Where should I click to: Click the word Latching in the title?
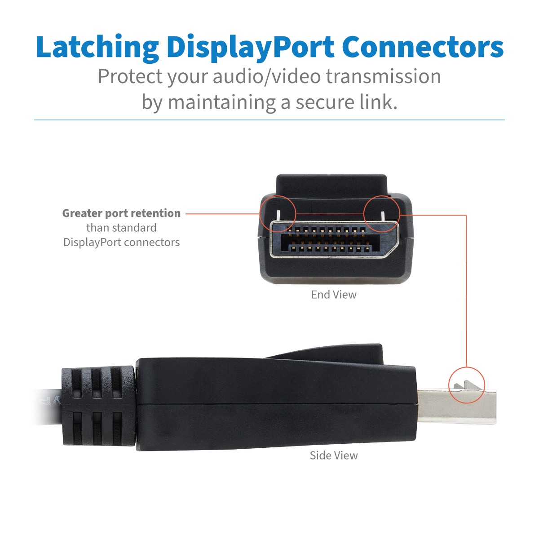tap(97, 47)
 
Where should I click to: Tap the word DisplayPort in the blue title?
tap(250, 47)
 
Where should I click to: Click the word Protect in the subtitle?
tap(130, 77)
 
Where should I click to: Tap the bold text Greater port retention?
tap(121, 213)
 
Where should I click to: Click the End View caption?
tap(334, 295)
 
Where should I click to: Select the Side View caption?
tap(334, 455)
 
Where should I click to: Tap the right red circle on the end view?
tap(382, 213)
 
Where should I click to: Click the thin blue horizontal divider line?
tap(269, 120)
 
